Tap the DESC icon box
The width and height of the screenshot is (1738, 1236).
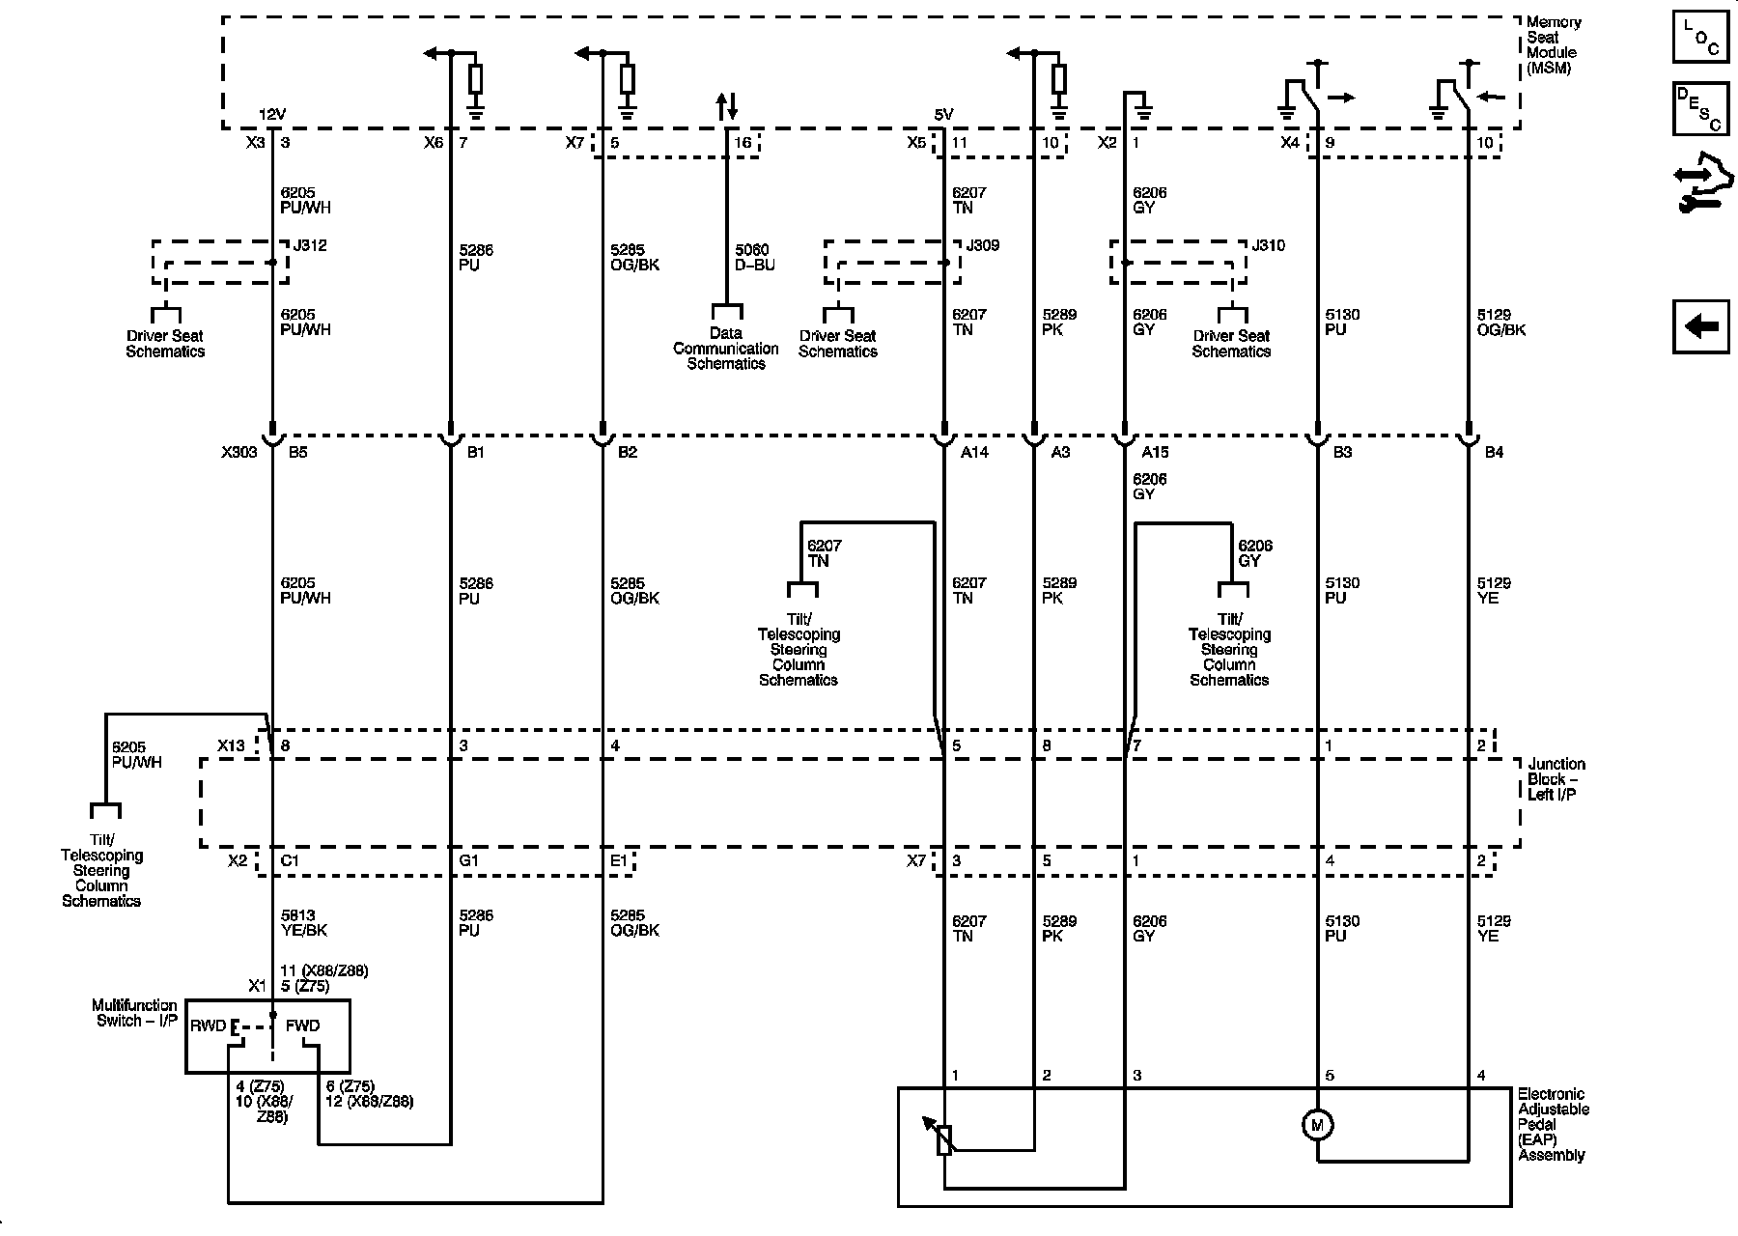click(1700, 109)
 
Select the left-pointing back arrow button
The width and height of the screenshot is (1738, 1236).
click(1700, 326)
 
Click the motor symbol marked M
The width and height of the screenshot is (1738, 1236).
click(1317, 1125)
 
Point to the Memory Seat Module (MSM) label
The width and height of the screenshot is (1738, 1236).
click(1554, 45)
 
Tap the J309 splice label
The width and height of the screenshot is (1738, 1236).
click(983, 246)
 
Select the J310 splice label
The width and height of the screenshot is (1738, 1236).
click(1269, 246)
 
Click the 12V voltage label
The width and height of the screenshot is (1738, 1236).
click(272, 115)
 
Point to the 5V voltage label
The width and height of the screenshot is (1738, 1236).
click(943, 115)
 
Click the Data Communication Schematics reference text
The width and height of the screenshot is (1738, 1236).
click(726, 349)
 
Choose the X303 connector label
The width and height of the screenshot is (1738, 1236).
click(238, 452)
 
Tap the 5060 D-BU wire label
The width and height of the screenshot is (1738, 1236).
click(755, 257)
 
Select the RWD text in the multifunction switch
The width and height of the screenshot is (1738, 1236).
click(209, 1025)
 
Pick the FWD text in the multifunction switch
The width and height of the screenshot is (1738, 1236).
click(302, 1025)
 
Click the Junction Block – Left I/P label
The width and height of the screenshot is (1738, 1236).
click(1556, 779)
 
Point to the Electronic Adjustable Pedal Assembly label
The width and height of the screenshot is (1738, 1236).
click(1554, 1125)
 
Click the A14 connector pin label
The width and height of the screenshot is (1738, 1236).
click(975, 452)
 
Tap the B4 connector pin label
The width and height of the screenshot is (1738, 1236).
click(1495, 452)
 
